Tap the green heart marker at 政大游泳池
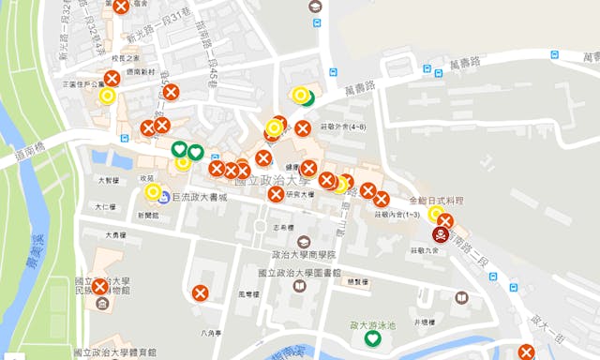(x=358, y=337)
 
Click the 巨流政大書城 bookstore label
(x=201, y=198)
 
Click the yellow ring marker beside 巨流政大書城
(x=153, y=192)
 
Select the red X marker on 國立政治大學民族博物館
(x=100, y=287)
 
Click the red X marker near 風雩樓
(x=200, y=292)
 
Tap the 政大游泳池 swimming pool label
(x=372, y=324)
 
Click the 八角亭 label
(x=211, y=331)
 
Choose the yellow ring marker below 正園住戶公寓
(x=107, y=95)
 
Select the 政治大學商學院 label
(x=304, y=254)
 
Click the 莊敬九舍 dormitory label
(x=425, y=251)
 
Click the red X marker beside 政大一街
(x=526, y=352)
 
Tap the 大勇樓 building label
(x=115, y=235)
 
